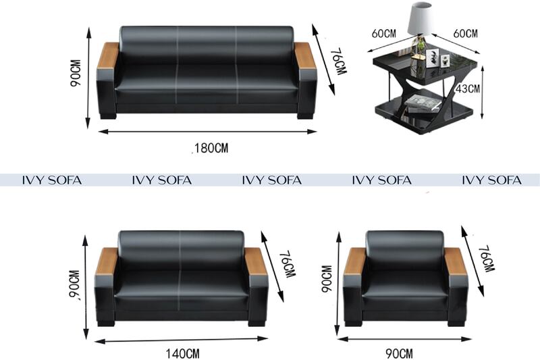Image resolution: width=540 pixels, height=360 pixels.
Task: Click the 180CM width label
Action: pyautogui.click(x=211, y=148)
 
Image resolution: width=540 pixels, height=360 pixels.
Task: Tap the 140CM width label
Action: pyautogui.click(x=182, y=353)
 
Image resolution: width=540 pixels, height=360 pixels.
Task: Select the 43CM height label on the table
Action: pyautogui.click(x=468, y=89)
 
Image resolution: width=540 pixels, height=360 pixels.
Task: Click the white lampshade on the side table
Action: pyautogui.click(x=420, y=18)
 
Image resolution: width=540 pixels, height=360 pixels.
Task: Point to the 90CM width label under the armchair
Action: pyautogui.click(x=399, y=353)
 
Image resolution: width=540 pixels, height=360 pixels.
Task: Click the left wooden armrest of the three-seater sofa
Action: pyautogui.click(x=108, y=56)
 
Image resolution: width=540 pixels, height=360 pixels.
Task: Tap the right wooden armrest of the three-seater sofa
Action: pyautogui.click(x=305, y=56)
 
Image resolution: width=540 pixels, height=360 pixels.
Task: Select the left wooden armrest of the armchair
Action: pyautogui.click(x=354, y=261)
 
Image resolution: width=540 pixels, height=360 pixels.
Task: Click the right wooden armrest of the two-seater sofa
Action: pyautogui.click(x=256, y=261)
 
